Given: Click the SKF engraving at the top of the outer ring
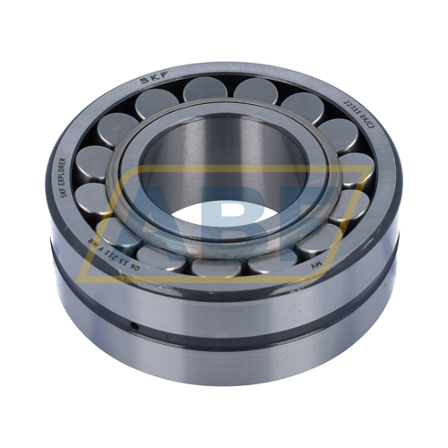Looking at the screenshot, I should [x=152, y=80].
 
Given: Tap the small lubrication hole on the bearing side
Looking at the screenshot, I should [x=134, y=328].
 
